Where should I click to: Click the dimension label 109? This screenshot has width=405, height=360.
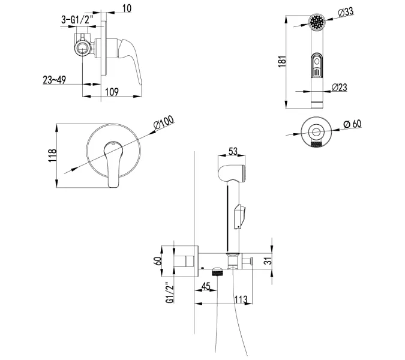pos(112,92)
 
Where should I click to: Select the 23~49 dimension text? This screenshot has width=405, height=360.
pos(54,80)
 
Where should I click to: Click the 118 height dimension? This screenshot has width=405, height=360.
pos(52,155)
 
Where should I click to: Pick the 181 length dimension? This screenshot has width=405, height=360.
pos(282,61)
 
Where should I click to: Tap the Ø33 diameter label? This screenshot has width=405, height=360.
pos(346,13)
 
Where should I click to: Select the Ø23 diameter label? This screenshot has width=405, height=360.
pos(340,88)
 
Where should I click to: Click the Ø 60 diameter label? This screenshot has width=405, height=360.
pos(353,124)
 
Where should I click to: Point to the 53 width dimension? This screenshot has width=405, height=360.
pos(233,151)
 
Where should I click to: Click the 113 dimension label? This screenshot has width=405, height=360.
pos(241,299)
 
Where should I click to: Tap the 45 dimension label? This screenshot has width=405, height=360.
pos(206,286)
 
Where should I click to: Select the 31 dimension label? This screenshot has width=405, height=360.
pos(269,260)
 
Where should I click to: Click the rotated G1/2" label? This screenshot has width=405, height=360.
pos(170,292)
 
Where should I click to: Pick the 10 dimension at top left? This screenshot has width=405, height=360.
pos(127,8)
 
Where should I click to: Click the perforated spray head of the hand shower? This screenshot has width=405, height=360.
pos(317,22)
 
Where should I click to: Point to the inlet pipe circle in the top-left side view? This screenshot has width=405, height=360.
pos(83,48)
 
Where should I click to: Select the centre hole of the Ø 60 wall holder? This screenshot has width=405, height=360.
pos(316,132)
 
